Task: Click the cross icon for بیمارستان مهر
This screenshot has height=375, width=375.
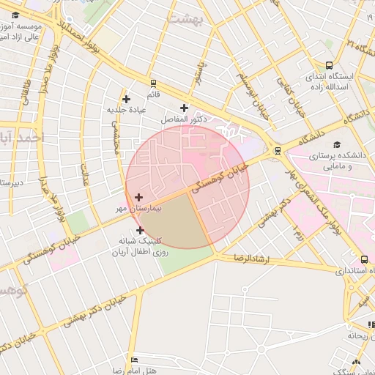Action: pos(138,196)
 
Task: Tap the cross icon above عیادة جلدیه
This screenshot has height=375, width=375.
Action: pos(126,98)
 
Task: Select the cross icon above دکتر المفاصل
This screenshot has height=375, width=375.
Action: pos(184,108)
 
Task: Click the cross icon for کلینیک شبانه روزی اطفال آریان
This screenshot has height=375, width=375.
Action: pos(140,230)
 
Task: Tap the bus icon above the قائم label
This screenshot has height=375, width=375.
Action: pos(153,83)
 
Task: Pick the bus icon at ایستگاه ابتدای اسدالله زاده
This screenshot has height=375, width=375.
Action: pos(328,64)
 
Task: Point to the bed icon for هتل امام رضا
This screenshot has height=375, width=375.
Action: pos(133,360)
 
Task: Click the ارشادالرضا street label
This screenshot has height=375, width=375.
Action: pos(248,259)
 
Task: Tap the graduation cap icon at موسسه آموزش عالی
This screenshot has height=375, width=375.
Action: pos(15,15)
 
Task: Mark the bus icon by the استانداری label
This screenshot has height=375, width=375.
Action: pos(364,259)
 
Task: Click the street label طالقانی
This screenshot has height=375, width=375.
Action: pos(27,91)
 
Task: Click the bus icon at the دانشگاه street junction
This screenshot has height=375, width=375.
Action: pos(277,151)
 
